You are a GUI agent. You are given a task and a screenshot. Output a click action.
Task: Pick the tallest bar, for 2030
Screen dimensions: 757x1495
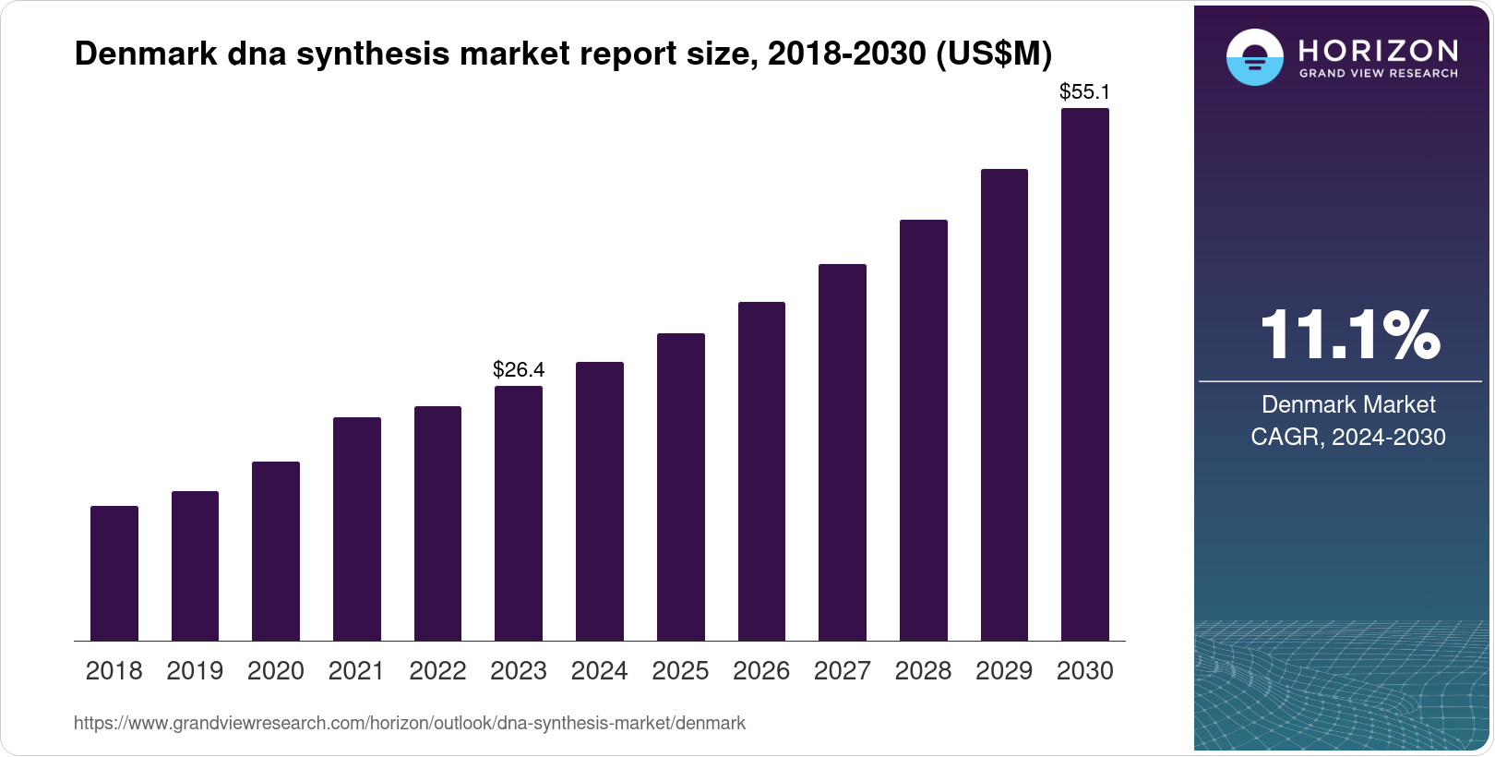click(x=1085, y=374)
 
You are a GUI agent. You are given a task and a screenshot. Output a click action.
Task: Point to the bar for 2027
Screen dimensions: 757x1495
click(x=843, y=452)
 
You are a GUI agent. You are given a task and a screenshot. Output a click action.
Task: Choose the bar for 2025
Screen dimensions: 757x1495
click(x=681, y=487)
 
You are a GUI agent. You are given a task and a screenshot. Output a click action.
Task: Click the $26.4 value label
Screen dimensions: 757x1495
click(x=519, y=370)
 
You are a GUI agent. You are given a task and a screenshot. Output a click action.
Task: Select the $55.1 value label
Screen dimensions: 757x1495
click(x=1084, y=92)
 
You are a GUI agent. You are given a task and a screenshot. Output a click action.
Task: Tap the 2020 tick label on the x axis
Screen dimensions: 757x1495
click(x=276, y=671)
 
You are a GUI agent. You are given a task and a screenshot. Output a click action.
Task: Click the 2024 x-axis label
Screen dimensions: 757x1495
click(x=600, y=671)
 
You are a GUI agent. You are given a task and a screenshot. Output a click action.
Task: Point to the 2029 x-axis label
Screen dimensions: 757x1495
click(x=1004, y=671)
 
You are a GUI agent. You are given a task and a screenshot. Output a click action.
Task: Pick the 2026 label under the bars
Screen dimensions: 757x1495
click(x=761, y=671)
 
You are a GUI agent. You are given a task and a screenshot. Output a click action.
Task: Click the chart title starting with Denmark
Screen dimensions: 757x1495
click(x=563, y=54)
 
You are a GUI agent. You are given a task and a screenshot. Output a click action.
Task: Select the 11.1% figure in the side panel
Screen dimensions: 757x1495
click(x=1348, y=334)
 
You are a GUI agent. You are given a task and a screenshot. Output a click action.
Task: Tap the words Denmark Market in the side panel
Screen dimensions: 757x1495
click(x=1348, y=404)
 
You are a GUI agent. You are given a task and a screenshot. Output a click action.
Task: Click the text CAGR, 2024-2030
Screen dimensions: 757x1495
click(x=1348, y=437)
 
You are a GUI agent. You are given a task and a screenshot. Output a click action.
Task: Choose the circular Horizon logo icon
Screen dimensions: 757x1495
click(x=1254, y=57)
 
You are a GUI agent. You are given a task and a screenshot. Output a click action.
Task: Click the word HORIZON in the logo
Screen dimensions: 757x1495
click(x=1379, y=50)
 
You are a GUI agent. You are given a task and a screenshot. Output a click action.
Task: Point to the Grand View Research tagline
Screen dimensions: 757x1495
click(x=1379, y=73)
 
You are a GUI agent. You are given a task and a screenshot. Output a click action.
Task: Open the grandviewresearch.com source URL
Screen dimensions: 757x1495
click(x=410, y=724)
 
